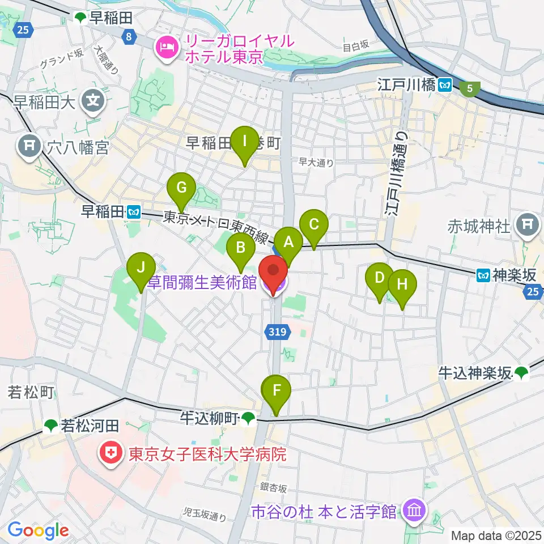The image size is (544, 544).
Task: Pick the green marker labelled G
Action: [x=181, y=187]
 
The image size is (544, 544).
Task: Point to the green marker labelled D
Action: [x=379, y=278]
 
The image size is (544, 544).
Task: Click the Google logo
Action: [x=38, y=530]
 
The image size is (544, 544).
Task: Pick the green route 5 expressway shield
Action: [x=469, y=88]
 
